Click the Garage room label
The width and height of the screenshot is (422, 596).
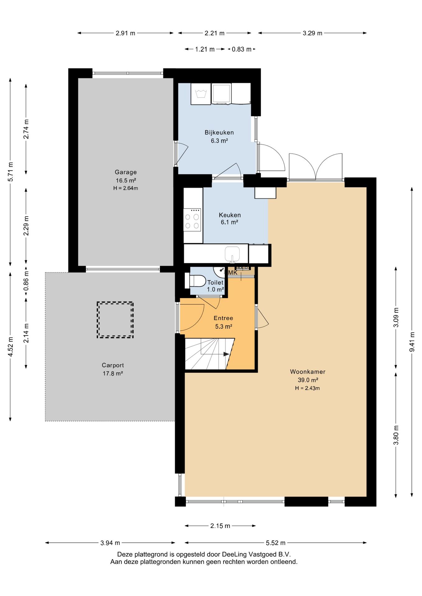coord(126,172)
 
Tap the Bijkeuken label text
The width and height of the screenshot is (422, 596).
coord(219,133)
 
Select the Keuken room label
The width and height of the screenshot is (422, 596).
coord(230,215)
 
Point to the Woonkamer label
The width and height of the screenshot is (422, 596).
coord(308,372)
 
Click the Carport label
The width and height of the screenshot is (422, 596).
coord(113,365)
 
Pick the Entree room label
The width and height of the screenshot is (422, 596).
coord(223,318)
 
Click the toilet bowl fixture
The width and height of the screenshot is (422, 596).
coord(195,281)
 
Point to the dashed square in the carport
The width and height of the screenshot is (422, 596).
coord(115,320)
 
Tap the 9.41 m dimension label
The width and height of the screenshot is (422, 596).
coord(412,342)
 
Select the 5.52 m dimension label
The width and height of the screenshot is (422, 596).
coord(275,543)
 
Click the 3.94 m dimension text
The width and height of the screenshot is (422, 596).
coord(110,543)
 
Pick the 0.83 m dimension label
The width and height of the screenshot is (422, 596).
coord(241,49)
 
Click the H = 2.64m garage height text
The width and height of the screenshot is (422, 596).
coord(126,188)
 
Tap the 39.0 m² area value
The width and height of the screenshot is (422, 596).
coord(308,380)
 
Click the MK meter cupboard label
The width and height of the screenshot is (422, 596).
coord(233,273)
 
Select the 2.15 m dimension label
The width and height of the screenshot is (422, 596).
coord(220,526)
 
